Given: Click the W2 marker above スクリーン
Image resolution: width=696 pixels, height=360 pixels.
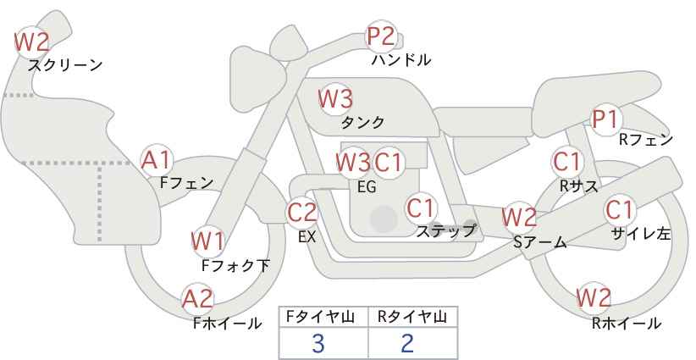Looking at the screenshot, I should pyautogui.click(x=32, y=41).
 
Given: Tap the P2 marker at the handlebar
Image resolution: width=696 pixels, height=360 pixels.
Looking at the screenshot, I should pyautogui.click(x=381, y=36).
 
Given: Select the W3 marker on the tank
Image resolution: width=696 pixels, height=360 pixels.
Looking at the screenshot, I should pyautogui.click(x=334, y=98).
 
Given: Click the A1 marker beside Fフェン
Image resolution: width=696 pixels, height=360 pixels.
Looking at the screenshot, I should pyautogui.click(x=157, y=158).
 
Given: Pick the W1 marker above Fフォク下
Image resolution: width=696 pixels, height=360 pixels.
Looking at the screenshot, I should pyautogui.click(x=207, y=241).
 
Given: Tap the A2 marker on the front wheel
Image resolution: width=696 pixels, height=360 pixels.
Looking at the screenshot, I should pyautogui.click(x=198, y=298).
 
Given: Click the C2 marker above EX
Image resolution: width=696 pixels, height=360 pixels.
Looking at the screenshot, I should pyautogui.click(x=302, y=212).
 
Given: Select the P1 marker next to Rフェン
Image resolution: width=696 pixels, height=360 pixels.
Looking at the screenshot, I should pyautogui.click(x=605, y=119).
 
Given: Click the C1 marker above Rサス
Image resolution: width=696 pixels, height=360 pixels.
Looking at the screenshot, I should pyautogui.click(x=567, y=160).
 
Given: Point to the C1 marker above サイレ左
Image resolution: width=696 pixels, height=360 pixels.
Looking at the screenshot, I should pyautogui.click(x=619, y=208).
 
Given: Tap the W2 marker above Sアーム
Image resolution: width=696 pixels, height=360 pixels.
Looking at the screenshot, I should pyautogui.click(x=519, y=217).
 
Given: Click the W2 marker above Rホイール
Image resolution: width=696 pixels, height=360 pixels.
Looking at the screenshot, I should pyautogui.click(x=594, y=297).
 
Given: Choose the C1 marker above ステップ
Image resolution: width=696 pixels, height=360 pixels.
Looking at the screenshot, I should pyautogui.click(x=421, y=207).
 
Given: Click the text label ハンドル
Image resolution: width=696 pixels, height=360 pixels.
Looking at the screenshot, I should pyautogui.click(x=401, y=60).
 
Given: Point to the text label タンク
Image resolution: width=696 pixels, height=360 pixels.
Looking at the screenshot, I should pyautogui.click(x=362, y=122).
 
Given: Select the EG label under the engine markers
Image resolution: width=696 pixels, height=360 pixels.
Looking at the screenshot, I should pyautogui.click(x=367, y=187).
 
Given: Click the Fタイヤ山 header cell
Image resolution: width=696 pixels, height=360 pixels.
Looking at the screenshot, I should pyautogui.click(x=323, y=317).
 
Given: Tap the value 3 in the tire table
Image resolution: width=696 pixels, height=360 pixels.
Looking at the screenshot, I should pyautogui.click(x=318, y=343).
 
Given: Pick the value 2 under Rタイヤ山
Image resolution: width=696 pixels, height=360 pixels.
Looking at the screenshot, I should pyautogui.click(x=407, y=343).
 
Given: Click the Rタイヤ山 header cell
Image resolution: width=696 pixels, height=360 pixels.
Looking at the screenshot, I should pyautogui.click(x=412, y=317).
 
